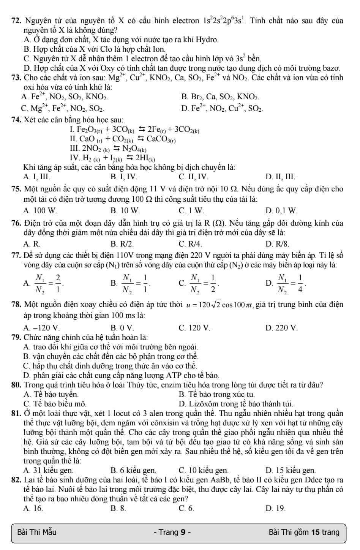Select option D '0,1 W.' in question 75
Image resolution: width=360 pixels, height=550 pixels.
point(282,210)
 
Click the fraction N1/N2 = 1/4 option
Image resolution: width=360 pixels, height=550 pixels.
point(286,283)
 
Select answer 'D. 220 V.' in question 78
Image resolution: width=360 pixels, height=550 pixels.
point(282,327)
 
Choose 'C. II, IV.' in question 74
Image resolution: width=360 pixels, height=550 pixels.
point(193,177)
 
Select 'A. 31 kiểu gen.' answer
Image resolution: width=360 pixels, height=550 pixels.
point(48,470)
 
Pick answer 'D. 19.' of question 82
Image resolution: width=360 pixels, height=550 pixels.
point(276,508)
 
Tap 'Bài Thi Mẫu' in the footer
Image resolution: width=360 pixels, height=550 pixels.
point(37,532)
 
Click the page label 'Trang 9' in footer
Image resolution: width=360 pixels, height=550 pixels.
point(172,532)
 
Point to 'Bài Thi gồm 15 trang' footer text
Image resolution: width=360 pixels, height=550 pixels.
point(304,532)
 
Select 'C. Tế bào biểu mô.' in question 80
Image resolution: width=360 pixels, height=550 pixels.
point(55,403)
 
